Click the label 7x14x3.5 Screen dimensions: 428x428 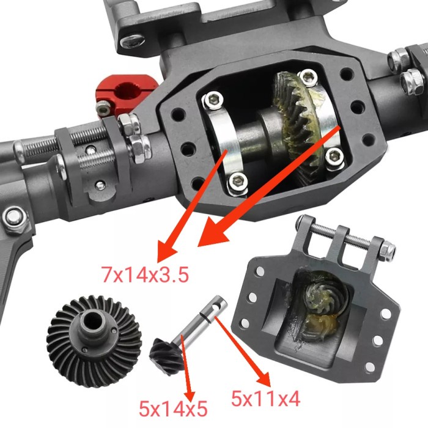[x=145, y=273]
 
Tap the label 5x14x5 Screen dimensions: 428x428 [x=174, y=407]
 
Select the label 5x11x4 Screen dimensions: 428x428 [x=265, y=399]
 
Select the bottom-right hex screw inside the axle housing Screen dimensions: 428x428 [x=333, y=157]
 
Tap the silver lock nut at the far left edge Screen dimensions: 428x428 [x=12, y=217]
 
